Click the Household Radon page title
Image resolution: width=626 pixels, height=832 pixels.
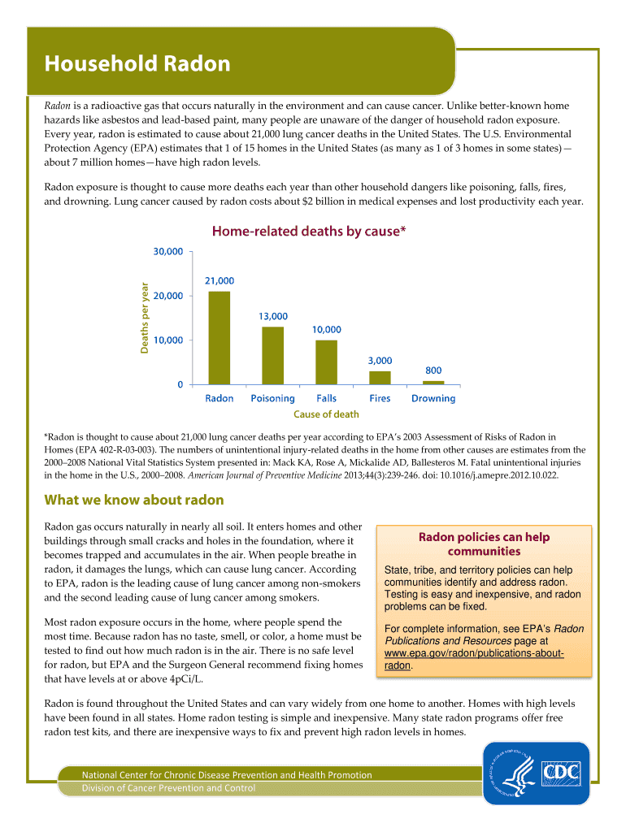[137, 64]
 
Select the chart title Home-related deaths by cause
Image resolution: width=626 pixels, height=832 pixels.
[308, 232]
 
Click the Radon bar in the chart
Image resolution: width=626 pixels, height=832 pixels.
[220, 337]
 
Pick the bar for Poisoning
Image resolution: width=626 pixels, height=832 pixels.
[273, 355]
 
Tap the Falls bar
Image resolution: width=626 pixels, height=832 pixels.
[326, 362]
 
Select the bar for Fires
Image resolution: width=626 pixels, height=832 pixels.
[380, 377]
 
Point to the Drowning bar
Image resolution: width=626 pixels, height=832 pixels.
[433, 382]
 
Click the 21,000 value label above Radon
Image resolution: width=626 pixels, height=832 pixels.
[220, 280]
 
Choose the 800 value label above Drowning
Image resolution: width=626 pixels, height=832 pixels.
[433, 370]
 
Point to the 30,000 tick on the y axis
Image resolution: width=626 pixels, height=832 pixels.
[168, 252]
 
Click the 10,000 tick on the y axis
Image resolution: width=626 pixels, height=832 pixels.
[168, 340]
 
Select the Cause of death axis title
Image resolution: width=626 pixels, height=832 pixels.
[326, 414]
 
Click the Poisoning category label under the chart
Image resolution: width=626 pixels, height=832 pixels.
[273, 399]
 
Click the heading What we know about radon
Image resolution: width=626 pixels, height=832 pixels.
[133, 500]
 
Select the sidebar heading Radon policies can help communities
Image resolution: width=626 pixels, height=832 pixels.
[484, 544]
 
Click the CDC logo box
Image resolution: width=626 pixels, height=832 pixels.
[561, 772]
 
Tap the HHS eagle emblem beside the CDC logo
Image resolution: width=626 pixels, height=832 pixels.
[513, 772]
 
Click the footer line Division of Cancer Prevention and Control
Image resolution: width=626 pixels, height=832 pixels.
[168, 788]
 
